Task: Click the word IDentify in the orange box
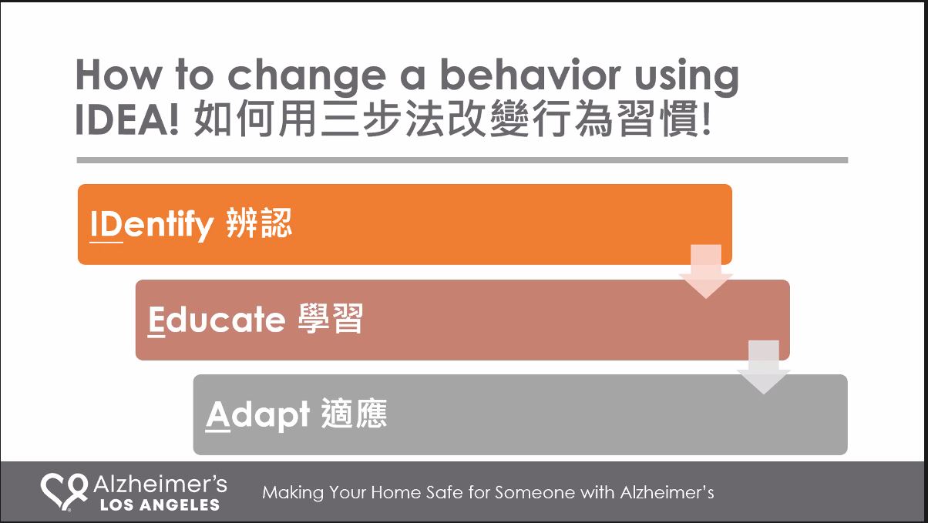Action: pos(152,224)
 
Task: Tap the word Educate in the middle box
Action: pos(217,319)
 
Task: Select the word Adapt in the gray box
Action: pos(257,415)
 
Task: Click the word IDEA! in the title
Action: pos(127,119)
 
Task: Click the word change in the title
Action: pos(307,77)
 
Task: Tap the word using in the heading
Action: pos(687,78)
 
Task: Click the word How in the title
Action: pos(118,75)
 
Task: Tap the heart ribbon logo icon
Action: pos(64,492)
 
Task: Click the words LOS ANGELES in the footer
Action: pos(160,505)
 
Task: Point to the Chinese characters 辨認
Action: pos(259,223)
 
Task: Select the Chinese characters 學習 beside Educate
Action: pos(330,318)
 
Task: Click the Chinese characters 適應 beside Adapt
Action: pos(355,414)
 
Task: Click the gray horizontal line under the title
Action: pos(462,160)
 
